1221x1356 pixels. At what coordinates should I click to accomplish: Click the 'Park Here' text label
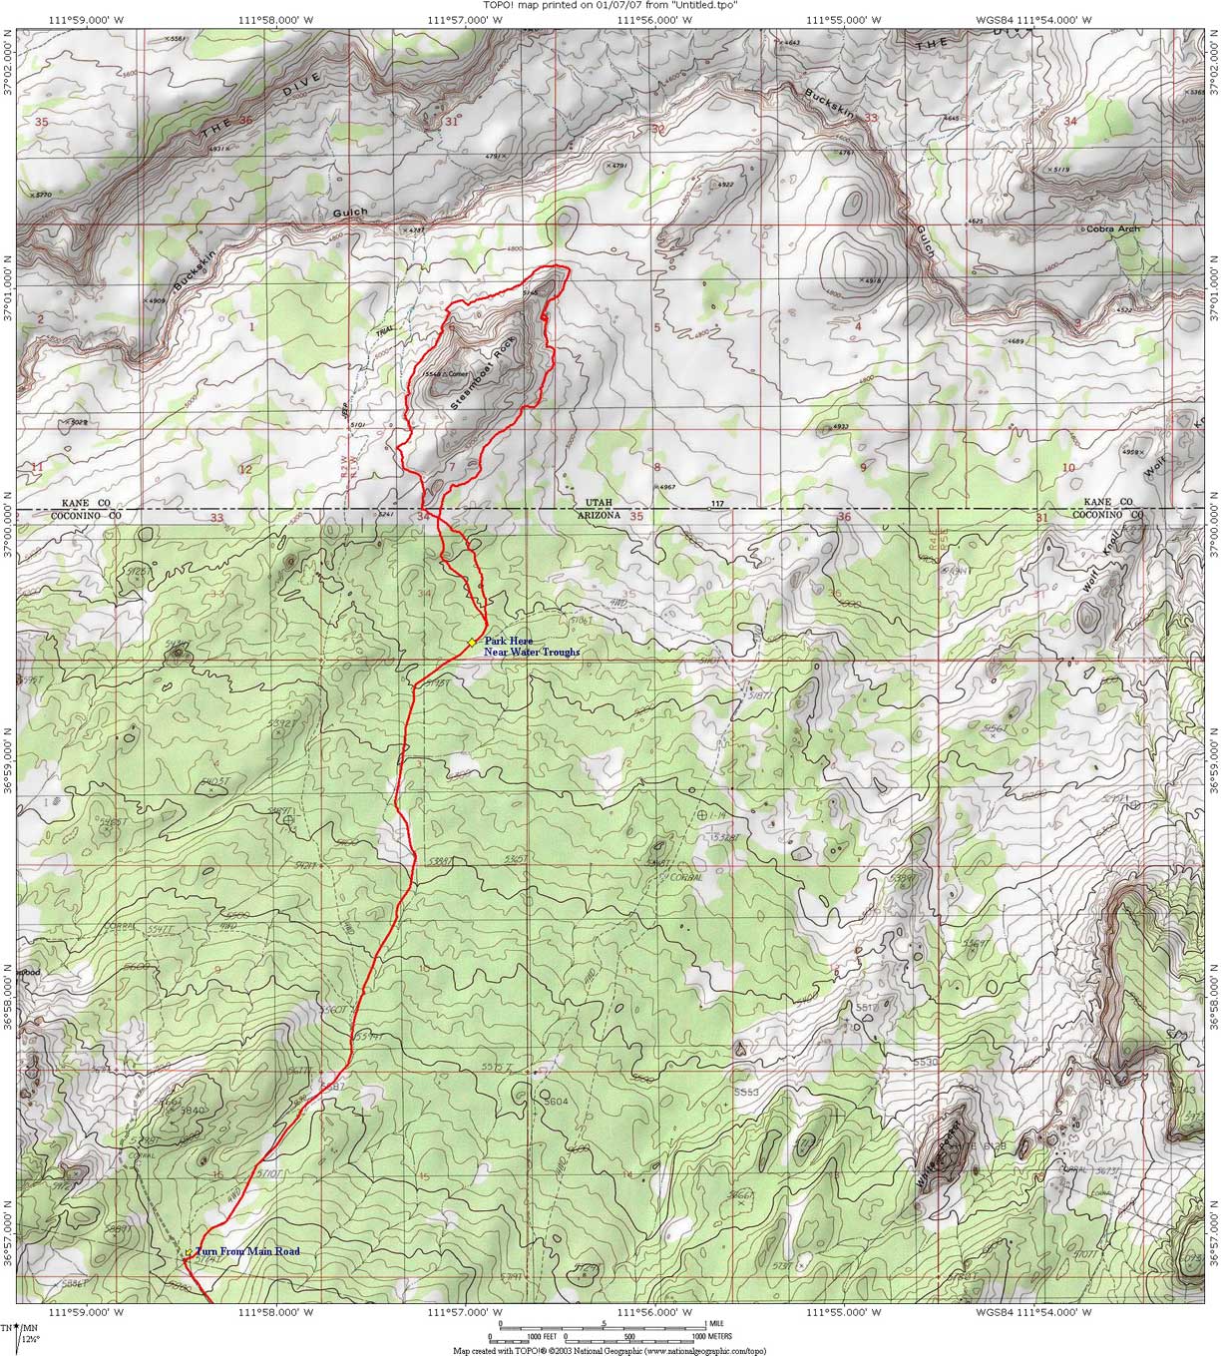509,641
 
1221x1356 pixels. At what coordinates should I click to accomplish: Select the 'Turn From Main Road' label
246,1251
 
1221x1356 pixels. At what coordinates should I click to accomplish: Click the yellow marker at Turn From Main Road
189,1252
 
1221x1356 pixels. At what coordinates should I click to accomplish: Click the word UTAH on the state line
595,504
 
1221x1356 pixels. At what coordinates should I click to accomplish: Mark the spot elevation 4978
871,281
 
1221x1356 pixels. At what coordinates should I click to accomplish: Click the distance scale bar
599,1330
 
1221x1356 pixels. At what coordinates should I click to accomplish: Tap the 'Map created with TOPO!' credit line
610,1349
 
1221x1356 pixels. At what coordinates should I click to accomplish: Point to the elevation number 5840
190,1110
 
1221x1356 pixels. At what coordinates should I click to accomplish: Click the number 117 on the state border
716,504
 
